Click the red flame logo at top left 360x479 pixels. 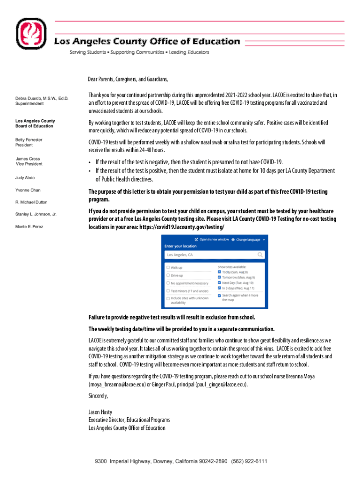(31, 36)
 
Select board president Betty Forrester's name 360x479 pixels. (29, 140)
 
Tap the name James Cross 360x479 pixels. (28, 159)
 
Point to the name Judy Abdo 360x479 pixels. (25, 178)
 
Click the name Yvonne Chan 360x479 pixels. (29, 190)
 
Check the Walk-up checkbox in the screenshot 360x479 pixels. (168, 268)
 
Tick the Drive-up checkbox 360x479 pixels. (168, 276)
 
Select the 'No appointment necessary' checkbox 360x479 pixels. (168, 283)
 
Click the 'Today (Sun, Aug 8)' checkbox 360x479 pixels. (219, 272)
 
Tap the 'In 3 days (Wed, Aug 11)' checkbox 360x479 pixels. (219, 288)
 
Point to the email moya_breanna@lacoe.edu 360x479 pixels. (117, 385)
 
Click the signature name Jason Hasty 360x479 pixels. (100, 412)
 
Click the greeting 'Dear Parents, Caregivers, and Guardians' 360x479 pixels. (128, 79)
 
